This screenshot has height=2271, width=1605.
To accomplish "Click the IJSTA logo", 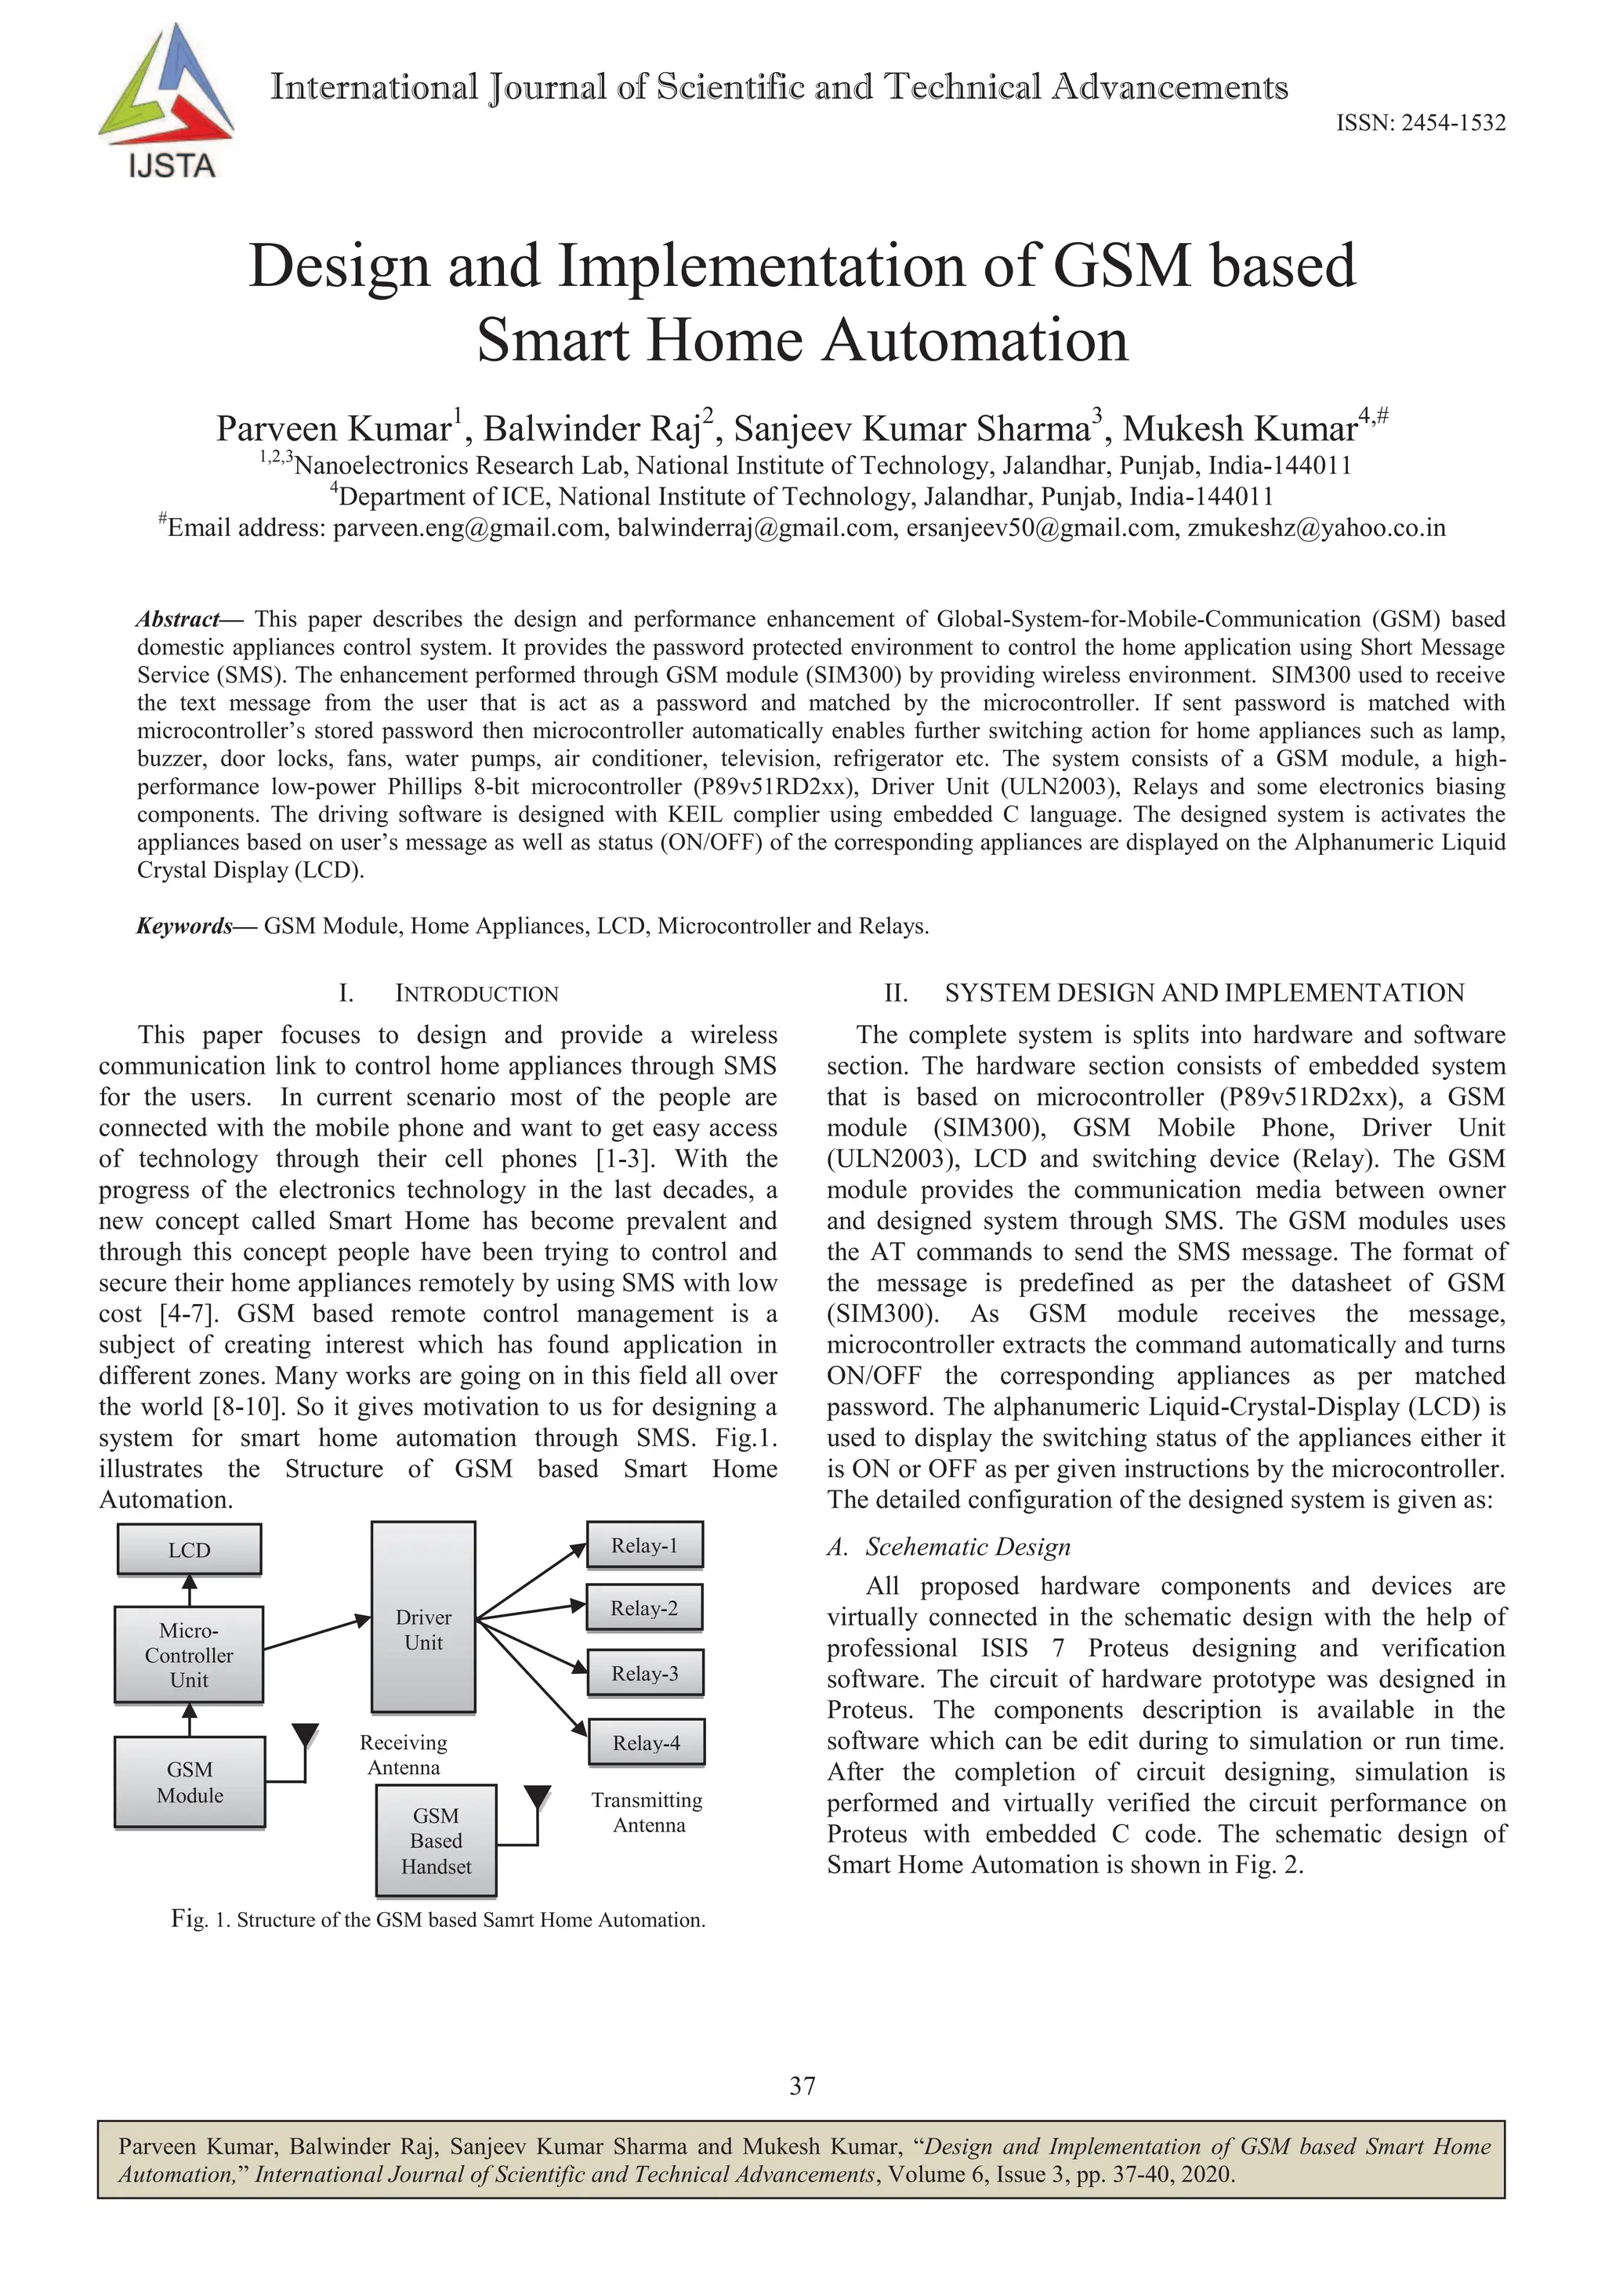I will pyautogui.click(x=166, y=103).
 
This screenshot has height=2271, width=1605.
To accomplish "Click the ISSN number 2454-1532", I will pyautogui.click(x=1420, y=124).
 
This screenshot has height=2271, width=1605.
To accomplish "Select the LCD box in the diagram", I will pyautogui.click(x=189, y=1550).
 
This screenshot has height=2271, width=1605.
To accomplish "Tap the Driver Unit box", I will pyautogui.click(x=423, y=1629).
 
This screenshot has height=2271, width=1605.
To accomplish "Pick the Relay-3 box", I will pyautogui.click(x=645, y=1674).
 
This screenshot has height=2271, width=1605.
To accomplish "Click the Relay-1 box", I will pyautogui.click(x=645, y=1546).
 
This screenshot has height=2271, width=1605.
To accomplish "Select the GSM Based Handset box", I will pyautogui.click(x=436, y=1841).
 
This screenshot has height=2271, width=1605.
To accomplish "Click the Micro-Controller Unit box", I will pyautogui.click(x=189, y=1655).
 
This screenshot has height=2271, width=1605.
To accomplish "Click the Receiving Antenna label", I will pyautogui.click(x=404, y=1755).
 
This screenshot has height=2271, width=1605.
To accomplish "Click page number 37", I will pyautogui.click(x=802, y=2086).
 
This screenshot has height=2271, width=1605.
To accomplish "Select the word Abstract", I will pyautogui.click(x=178, y=619).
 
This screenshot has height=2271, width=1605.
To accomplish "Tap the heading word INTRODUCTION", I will pyautogui.click(x=476, y=994).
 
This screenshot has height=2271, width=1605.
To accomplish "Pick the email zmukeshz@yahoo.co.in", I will pyautogui.click(x=1317, y=528).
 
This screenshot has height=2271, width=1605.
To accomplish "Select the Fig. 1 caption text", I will pyautogui.click(x=438, y=1920).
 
